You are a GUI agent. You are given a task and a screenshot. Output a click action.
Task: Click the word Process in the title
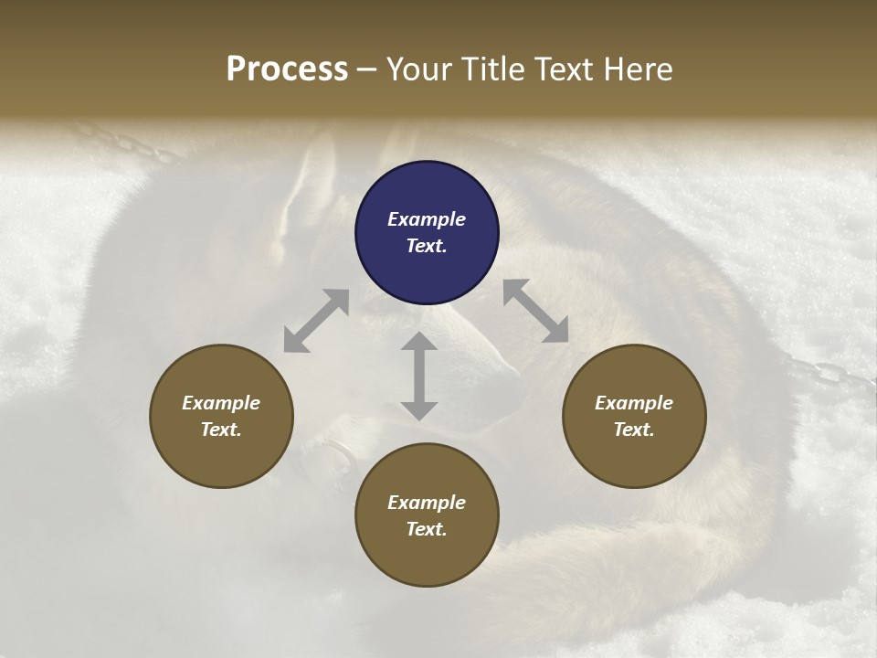pos(287,69)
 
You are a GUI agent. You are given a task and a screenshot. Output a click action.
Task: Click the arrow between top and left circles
pos(316,321)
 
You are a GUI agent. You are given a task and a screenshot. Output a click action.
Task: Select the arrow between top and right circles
pos(535,311)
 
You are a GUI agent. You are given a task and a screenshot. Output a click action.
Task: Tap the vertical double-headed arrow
pos(419,376)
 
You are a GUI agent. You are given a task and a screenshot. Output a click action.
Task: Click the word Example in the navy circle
pos(427,219)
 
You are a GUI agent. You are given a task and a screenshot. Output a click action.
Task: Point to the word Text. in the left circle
pos(221,430)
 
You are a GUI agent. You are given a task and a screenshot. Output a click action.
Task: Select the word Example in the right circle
pos(634,403)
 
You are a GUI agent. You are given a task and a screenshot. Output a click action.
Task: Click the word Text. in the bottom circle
pos(427,529)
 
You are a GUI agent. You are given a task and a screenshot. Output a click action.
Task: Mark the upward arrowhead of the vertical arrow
pos(419,344)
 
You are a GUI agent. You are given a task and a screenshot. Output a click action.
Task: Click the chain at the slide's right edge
pos(831,375)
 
